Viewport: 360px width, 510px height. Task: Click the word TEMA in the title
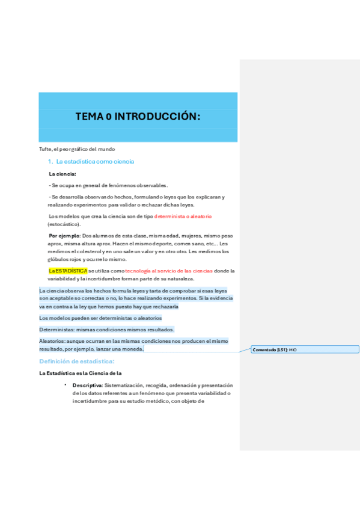coord(89,117)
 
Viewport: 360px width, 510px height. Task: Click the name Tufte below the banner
coord(45,149)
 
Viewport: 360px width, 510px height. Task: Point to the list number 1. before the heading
coord(50,162)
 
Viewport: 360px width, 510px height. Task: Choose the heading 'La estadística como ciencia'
coord(95,162)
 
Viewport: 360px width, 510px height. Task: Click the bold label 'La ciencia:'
coord(63,174)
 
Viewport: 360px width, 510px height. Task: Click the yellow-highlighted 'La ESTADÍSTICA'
coord(68,271)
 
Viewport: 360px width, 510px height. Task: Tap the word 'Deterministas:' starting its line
coord(56,330)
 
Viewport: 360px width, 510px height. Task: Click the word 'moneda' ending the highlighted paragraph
coord(132,349)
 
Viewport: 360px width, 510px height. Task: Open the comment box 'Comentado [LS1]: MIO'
coord(305,349)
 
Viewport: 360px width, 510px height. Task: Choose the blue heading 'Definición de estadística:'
coord(76,361)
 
